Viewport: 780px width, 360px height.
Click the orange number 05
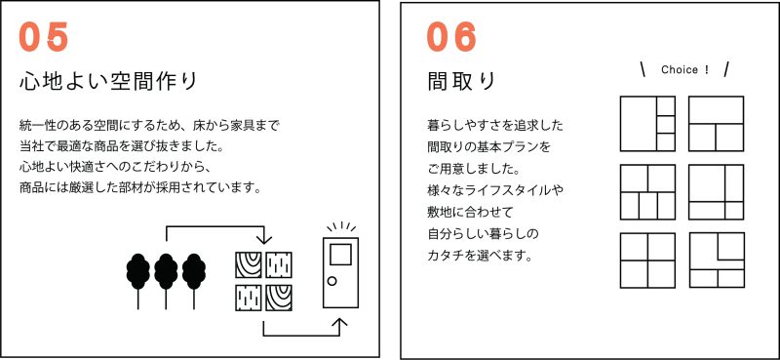click(x=43, y=38)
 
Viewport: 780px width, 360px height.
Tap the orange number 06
click(x=451, y=38)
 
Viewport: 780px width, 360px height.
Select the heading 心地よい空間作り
click(x=108, y=82)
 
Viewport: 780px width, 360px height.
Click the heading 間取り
click(x=460, y=82)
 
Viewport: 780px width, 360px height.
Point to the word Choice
click(x=680, y=70)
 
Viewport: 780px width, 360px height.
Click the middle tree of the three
click(x=166, y=281)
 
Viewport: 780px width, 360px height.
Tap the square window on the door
click(x=340, y=256)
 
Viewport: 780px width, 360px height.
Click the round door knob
click(x=331, y=281)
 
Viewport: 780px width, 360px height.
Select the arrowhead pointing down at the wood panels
click(x=264, y=240)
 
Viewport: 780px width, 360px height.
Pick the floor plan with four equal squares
click(x=647, y=260)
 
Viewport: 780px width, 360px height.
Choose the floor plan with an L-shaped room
click(x=717, y=260)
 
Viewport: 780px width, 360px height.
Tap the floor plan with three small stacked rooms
click(x=647, y=124)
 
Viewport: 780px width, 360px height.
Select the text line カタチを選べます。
click(x=480, y=257)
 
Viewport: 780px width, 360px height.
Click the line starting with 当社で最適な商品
click(x=124, y=147)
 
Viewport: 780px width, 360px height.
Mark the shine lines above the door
click(x=341, y=227)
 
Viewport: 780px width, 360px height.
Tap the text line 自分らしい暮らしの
click(x=483, y=235)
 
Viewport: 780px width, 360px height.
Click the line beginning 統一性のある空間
click(x=149, y=126)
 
